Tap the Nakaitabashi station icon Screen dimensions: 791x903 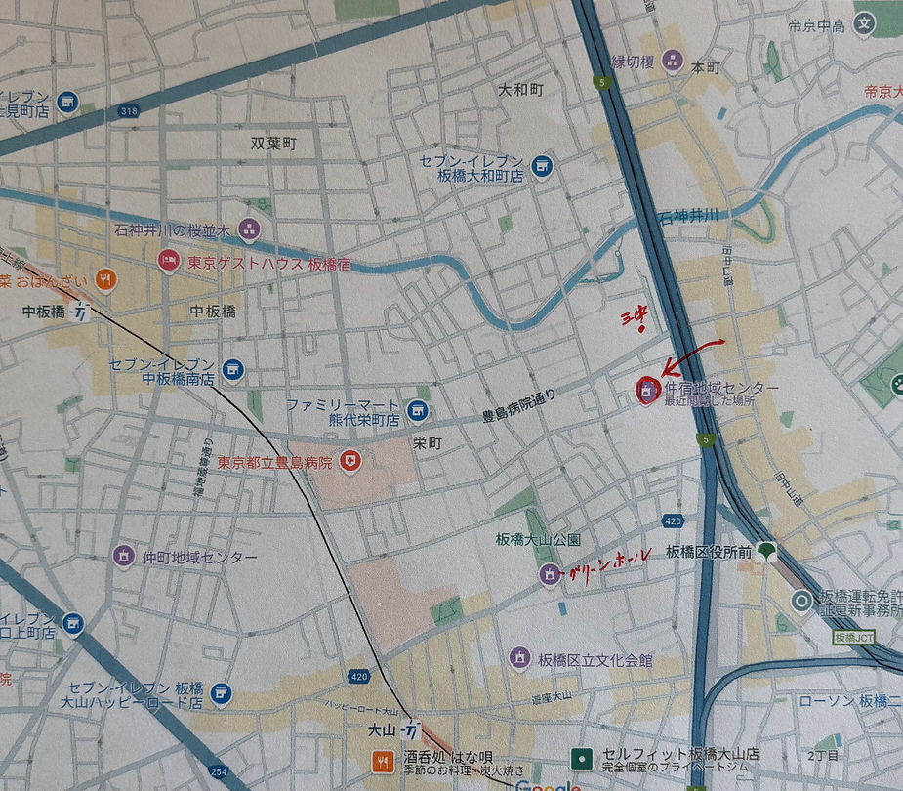click(83, 312)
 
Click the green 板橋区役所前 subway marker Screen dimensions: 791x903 click(767, 551)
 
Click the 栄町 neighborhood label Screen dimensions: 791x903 click(427, 442)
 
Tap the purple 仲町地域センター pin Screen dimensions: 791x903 click(123, 556)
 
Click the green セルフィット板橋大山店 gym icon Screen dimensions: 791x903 click(583, 757)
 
